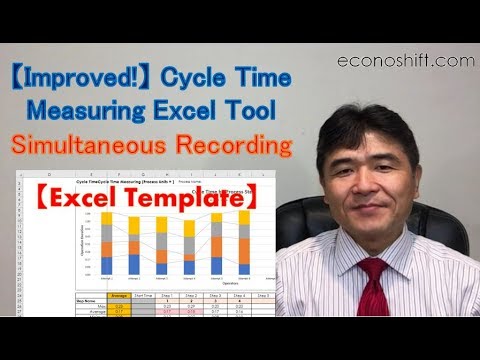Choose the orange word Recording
[x=240, y=145]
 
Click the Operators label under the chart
[x=176, y=285]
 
